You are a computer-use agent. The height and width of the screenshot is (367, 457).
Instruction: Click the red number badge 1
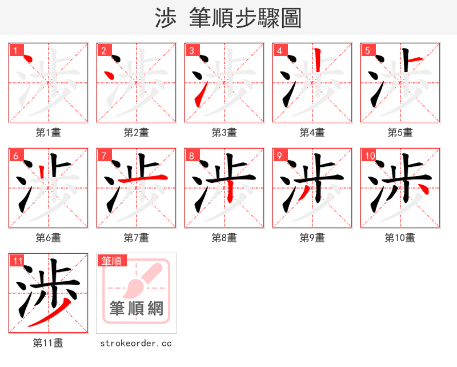tap(15, 50)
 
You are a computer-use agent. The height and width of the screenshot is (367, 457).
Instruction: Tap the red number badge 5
tap(367, 50)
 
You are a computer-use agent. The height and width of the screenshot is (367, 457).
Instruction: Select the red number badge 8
tap(191, 155)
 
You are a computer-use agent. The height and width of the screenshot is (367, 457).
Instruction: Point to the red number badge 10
tap(368, 155)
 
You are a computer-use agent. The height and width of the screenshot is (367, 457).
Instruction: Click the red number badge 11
tap(17, 260)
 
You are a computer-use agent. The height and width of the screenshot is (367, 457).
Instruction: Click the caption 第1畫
tap(48, 133)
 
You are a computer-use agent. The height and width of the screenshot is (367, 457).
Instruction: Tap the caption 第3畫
tap(224, 133)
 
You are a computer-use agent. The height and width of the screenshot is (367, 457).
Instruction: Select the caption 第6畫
tap(48, 238)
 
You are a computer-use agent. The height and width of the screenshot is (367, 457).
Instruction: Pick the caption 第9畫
tap(312, 238)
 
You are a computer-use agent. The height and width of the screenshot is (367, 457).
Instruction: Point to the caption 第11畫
tap(48, 343)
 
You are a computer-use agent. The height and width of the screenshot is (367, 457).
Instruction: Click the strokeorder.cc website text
tap(136, 343)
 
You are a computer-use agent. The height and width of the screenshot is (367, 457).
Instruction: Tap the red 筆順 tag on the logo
tap(111, 261)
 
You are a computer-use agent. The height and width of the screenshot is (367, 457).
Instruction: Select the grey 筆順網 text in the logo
tap(137, 309)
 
